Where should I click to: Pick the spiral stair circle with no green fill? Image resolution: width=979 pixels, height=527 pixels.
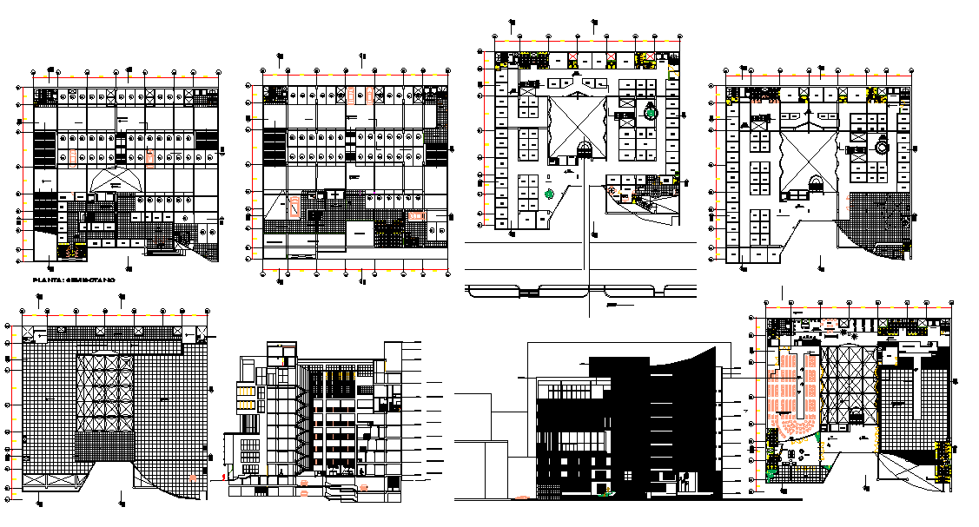pos(883,148)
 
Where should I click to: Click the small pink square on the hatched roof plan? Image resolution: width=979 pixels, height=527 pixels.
pos(192,477)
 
